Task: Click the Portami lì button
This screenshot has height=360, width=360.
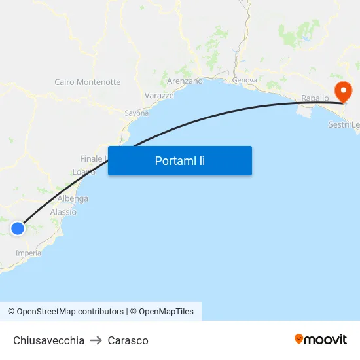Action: (x=180, y=161)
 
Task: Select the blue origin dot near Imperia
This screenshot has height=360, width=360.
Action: (x=18, y=228)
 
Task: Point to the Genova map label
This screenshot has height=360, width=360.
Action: (x=244, y=80)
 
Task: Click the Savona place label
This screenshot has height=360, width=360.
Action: (x=137, y=113)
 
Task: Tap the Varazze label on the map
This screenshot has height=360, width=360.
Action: (x=159, y=96)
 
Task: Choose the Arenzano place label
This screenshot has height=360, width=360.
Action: (x=185, y=81)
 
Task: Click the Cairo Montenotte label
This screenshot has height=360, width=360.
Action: (x=88, y=82)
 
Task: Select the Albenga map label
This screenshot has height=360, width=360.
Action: (x=73, y=198)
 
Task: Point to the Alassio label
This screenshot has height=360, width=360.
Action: (x=63, y=212)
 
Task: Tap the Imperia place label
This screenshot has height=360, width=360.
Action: (x=28, y=253)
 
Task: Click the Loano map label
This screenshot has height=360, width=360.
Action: (x=84, y=172)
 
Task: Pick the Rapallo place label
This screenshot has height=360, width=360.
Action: (x=315, y=98)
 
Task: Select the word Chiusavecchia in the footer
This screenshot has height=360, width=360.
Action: (x=49, y=340)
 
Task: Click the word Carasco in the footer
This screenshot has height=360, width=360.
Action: (x=128, y=340)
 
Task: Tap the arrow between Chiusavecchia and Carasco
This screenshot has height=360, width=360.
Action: (x=96, y=340)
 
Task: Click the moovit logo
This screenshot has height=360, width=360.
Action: (x=321, y=339)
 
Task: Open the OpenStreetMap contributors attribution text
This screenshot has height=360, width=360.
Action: (x=65, y=312)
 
